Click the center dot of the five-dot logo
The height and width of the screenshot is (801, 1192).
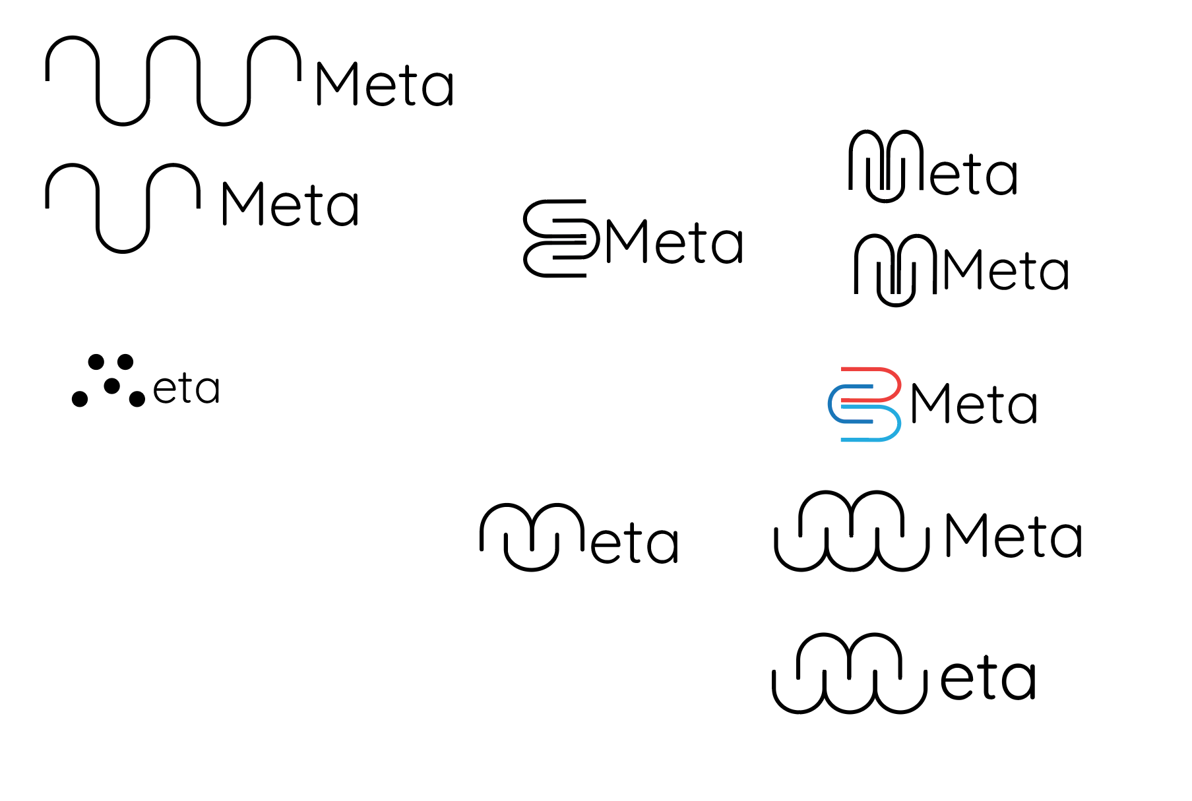pos(112,386)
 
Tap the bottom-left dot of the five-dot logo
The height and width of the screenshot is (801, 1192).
pos(80,399)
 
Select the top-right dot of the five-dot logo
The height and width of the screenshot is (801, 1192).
pos(125,362)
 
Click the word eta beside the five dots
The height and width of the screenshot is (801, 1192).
pos(186,389)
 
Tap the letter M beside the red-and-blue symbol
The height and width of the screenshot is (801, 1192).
pos(928,403)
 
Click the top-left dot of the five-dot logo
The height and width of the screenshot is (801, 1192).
pos(96,362)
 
